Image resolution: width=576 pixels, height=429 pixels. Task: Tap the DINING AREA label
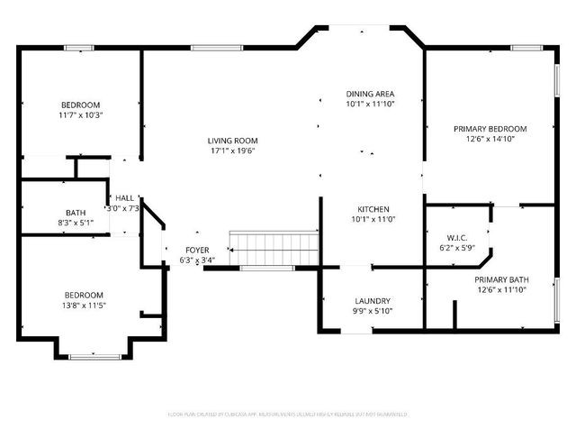click(371, 94)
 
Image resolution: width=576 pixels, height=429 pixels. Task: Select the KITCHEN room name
click(372, 208)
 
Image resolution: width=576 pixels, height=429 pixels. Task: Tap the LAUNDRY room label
click(372, 300)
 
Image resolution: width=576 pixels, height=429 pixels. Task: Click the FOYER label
click(197, 250)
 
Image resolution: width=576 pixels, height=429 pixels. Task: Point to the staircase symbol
click(274, 244)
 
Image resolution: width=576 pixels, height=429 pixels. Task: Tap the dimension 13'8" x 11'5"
click(83, 306)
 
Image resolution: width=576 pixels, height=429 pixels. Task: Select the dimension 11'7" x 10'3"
click(81, 115)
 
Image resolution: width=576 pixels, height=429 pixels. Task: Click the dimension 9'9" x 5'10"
click(372, 311)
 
